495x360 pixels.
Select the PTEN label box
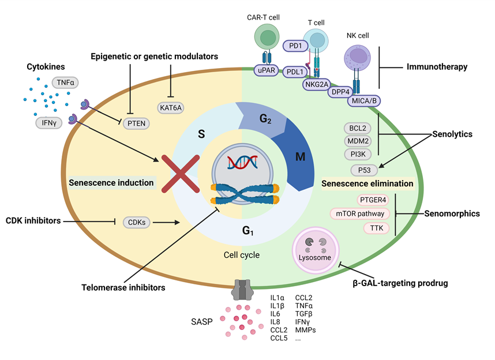(137, 122)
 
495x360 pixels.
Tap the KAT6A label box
(171, 107)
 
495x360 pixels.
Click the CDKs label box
(137, 222)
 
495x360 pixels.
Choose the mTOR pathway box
(359, 213)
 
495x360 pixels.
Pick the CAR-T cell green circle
(267, 39)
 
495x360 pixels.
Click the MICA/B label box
(363, 102)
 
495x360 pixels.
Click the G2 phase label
(266, 120)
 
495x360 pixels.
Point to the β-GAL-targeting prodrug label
(400, 283)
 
